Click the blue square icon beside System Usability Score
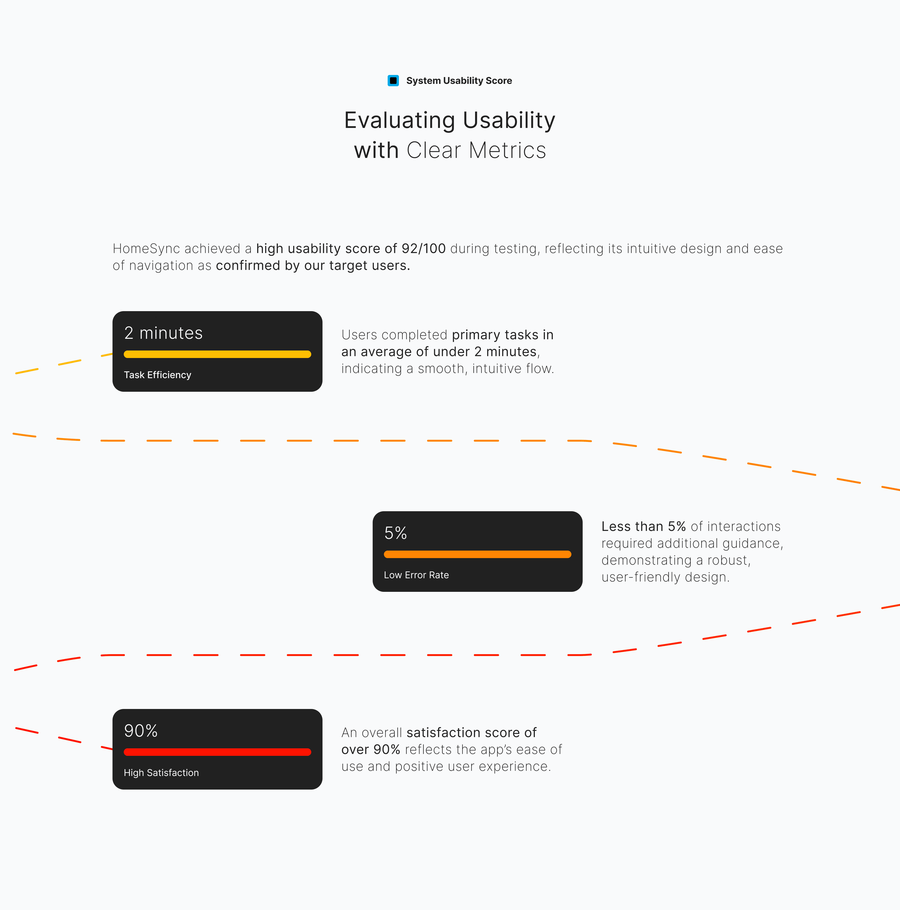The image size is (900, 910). click(x=393, y=81)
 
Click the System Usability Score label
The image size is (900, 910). click(x=459, y=81)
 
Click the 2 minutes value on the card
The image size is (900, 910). click(x=164, y=333)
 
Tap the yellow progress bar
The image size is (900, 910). click(x=217, y=354)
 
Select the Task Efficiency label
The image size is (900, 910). click(x=157, y=375)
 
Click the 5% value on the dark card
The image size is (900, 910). click(x=395, y=533)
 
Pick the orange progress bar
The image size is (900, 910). click(x=477, y=554)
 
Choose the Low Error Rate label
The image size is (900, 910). click(x=416, y=575)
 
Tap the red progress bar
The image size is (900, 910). click(x=217, y=752)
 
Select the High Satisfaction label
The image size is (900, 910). click(x=161, y=773)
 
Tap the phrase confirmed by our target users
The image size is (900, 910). click(x=313, y=266)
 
